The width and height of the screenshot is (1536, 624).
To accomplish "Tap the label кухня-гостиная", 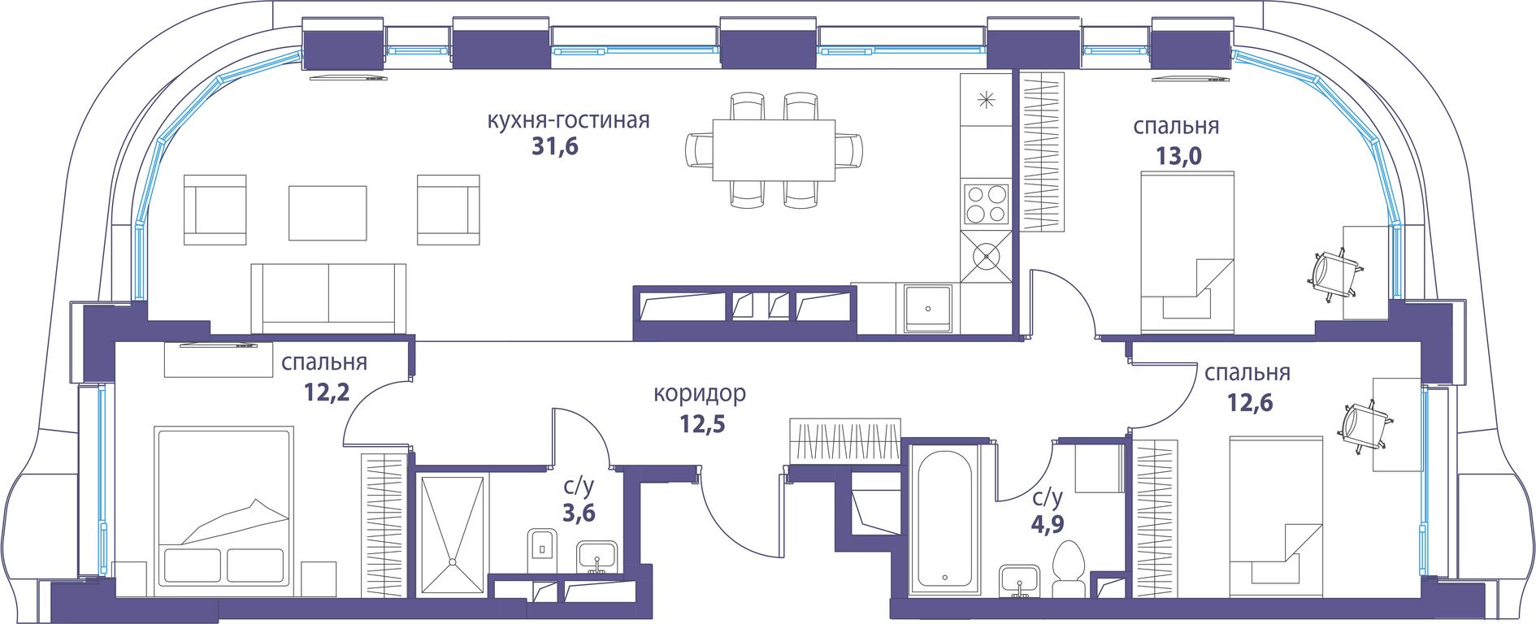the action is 568,120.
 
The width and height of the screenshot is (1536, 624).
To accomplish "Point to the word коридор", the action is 700,395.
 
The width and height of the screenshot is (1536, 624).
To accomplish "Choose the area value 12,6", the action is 1248,402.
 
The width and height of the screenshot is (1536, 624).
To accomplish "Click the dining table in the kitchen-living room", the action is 774,150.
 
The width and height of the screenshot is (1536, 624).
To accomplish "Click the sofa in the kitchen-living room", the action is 328,298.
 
